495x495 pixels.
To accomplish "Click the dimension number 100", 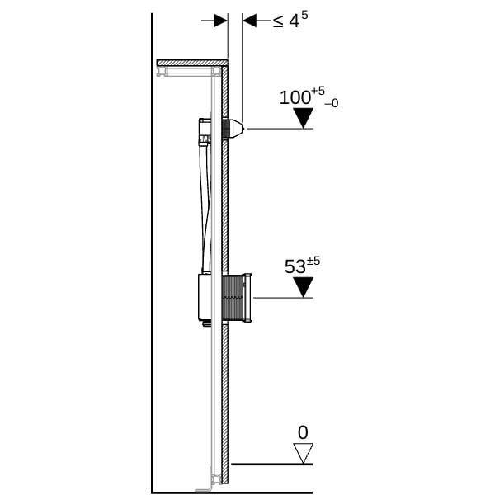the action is (x=295, y=97).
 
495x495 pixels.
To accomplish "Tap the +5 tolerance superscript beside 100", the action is (x=318, y=92).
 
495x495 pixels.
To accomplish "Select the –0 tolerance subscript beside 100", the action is (x=332, y=103).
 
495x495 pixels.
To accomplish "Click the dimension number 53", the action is (x=295, y=266).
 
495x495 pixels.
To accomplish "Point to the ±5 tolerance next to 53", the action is (x=313, y=261).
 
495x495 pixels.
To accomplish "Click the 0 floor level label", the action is (x=303, y=432).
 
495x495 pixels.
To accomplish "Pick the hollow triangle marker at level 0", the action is (x=303, y=453).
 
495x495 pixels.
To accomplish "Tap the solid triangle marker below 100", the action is (x=303, y=118).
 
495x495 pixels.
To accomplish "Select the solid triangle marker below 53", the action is (x=303, y=287).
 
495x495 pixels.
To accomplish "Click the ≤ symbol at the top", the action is (x=278, y=21).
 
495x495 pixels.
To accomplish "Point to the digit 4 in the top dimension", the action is (x=295, y=21).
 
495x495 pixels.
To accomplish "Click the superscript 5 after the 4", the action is (x=304, y=15).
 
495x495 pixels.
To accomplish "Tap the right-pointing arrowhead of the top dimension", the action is (x=220, y=21).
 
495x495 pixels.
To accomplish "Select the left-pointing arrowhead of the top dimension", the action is (x=249, y=21).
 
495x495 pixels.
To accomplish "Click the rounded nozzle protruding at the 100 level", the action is (x=233, y=130).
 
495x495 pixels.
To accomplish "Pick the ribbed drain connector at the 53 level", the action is (x=237, y=299).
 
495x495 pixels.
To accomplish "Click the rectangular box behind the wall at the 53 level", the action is (x=205, y=296).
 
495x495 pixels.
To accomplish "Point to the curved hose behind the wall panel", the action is (x=205, y=209).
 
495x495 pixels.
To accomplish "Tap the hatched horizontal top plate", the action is (x=192, y=63).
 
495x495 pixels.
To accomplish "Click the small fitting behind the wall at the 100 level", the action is (x=205, y=131).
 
